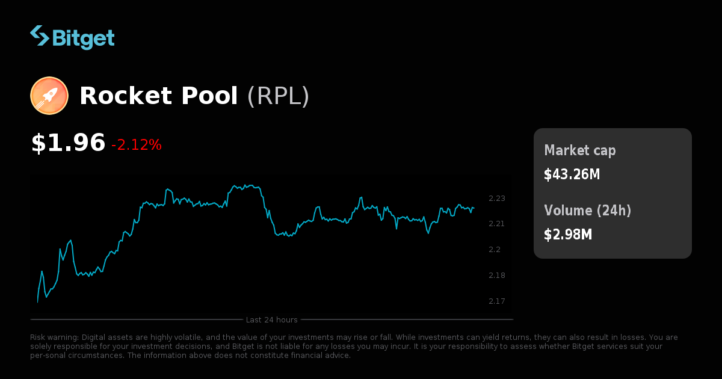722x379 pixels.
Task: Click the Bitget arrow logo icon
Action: point(40,35)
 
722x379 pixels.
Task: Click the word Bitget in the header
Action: point(83,37)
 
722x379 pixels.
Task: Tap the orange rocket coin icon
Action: point(49,96)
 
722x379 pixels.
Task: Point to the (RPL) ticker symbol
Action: point(278,96)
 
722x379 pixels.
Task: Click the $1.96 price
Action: point(68,143)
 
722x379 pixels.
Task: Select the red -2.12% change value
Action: point(137,145)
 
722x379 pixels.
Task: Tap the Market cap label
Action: point(579,150)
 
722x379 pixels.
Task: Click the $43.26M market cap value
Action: point(572,174)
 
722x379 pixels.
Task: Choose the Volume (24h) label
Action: point(587,211)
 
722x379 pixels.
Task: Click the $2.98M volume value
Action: point(568,235)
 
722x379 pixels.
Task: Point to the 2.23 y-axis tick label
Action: point(497,199)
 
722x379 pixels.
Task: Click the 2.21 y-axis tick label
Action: point(497,224)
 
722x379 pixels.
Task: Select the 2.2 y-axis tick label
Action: point(495,250)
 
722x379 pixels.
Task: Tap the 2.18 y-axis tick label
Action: point(497,276)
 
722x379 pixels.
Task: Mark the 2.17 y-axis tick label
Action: point(497,301)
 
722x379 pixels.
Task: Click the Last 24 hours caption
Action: point(272,319)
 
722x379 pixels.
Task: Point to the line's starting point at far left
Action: point(37,302)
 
